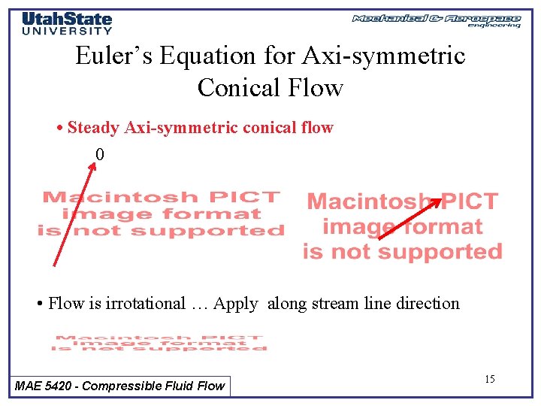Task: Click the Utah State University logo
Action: click(x=67, y=23)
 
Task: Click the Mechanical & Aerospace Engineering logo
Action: click(x=436, y=20)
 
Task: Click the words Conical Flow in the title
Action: click(x=270, y=88)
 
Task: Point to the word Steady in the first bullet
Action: click(x=95, y=128)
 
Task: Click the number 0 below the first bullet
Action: click(x=100, y=155)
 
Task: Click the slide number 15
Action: click(x=489, y=379)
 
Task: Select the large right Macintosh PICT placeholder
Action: click(x=402, y=226)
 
